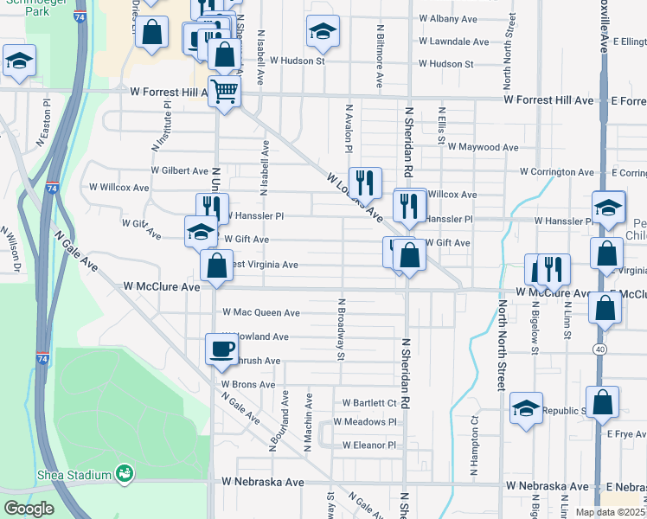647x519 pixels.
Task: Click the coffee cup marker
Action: point(221,349)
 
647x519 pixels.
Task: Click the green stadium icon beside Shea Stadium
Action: point(125,473)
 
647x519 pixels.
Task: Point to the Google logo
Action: point(29,509)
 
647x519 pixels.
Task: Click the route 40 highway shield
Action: point(599,349)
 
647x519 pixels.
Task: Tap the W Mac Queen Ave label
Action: point(261,312)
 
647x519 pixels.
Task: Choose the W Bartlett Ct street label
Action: point(369,403)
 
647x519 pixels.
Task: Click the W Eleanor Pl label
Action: point(368,445)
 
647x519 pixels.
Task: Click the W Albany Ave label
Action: point(447,17)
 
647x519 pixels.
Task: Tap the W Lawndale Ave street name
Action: point(454,41)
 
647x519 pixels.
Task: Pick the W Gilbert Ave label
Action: point(179,171)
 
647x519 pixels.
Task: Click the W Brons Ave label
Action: point(248,384)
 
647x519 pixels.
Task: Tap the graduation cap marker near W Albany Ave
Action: point(323,33)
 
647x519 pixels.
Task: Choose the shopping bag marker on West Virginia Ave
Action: point(216,265)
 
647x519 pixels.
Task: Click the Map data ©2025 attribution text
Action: point(611,512)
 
